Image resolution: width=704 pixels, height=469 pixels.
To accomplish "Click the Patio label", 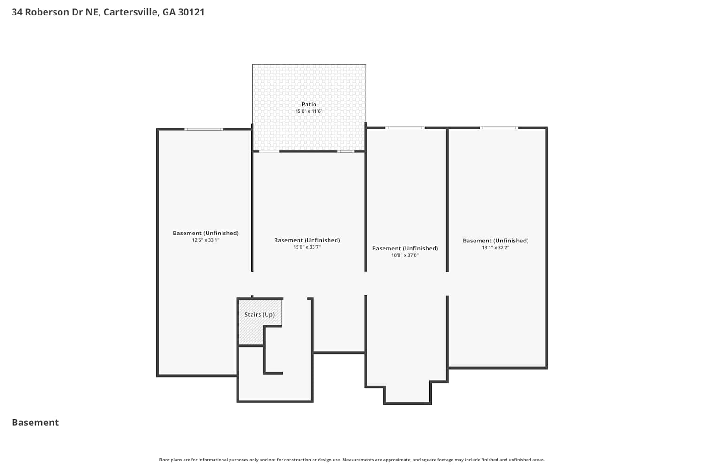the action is pos(309,104).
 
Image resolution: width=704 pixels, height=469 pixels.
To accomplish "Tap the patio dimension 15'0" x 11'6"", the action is pos(309,111).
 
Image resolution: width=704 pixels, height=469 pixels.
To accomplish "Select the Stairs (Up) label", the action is pos(259,314).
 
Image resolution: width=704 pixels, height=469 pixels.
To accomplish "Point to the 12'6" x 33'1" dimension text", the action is pos(206,240).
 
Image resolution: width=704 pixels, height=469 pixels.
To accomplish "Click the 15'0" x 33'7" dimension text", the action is pos(307,247).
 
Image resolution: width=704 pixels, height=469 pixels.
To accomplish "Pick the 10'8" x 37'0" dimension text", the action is pos(405,255).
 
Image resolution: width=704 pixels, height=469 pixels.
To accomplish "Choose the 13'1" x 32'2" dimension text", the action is pos(495,248).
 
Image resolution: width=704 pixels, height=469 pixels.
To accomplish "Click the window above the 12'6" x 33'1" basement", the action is pos(204,129).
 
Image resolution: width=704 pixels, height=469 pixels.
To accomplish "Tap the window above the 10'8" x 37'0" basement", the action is pos(405,128).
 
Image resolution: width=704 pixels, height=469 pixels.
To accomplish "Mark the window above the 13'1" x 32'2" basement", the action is pos(499,128).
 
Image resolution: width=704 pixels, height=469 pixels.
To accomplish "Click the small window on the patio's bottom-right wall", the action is pos(346,151).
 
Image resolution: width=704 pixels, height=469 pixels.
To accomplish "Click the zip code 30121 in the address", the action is pos(191,12).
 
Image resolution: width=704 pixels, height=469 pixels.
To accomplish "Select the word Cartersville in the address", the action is pos(131,12).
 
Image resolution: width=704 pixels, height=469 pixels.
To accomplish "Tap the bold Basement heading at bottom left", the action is pos(35,422).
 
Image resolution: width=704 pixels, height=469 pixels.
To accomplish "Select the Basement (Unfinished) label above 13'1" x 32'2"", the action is pos(495,241).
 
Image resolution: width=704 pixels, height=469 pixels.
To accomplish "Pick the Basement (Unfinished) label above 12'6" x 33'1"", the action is pos(206,233).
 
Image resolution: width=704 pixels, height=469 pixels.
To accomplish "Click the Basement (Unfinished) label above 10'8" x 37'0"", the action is pos(405,248).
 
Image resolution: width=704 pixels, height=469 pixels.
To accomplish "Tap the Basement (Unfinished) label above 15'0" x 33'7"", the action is pos(307,240).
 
